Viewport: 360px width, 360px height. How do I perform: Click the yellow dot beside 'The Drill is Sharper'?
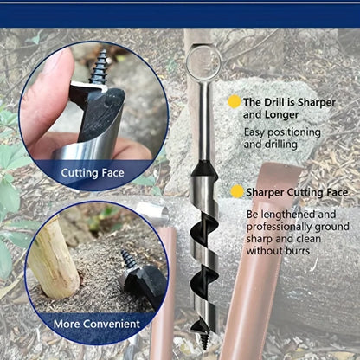click(234, 102)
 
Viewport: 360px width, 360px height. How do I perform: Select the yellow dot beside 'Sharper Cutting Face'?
click(237, 192)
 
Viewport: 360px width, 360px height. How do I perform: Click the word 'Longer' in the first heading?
click(282, 115)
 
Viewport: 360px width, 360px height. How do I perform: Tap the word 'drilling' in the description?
click(280, 145)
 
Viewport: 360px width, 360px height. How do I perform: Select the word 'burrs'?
click(298, 251)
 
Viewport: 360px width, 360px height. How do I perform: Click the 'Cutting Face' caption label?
click(93, 173)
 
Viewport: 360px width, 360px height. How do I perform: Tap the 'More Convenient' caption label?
click(97, 324)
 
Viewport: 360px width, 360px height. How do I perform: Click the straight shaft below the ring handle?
click(205, 121)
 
